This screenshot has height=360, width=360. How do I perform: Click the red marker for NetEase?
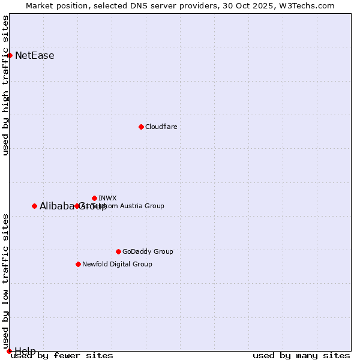pos(10,55)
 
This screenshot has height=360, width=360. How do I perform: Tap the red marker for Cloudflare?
pos(141,127)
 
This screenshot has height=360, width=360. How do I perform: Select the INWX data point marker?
pos(94,198)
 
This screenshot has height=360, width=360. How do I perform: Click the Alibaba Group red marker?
pos(34,206)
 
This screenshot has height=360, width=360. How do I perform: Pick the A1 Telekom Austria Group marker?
pos(77,206)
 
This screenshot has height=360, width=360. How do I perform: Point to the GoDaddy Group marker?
pos(118,251)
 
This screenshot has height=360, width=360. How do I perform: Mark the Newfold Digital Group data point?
pos(78,264)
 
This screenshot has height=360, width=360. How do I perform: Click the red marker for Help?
pos(9,351)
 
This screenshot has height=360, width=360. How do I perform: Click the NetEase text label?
pos(35,56)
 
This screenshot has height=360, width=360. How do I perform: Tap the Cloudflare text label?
pos(161,127)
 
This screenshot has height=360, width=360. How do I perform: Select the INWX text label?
pos(107,198)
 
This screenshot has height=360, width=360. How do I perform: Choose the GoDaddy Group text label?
pos(148,251)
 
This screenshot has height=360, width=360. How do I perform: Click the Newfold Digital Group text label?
pos(117,264)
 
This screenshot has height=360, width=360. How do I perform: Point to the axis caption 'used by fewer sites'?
pos(62,356)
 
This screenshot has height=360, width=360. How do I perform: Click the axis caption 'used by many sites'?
pos(301,356)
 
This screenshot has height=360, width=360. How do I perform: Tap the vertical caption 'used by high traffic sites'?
pos(5,85)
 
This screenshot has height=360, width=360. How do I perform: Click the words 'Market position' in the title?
pos(55,5)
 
